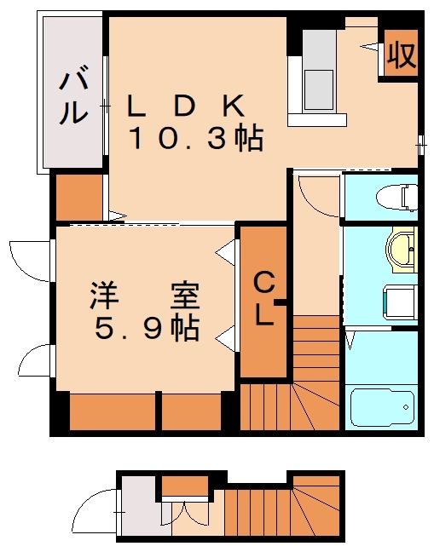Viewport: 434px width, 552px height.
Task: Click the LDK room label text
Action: coord(186,106)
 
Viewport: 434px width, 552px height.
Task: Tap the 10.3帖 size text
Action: coord(195,138)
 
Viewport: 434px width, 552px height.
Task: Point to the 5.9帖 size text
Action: coord(146,328)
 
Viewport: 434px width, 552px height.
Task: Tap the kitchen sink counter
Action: coord(319,72)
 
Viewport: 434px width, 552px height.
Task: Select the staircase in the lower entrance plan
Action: coord(281,511)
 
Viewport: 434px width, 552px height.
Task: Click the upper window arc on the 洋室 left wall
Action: coord(32,258)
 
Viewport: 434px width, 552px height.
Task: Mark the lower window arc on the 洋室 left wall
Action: coord(36,360)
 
